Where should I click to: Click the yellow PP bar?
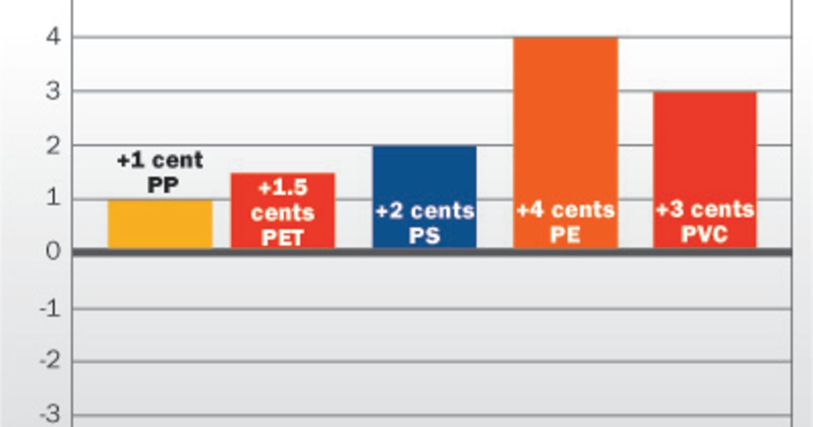(160, 224)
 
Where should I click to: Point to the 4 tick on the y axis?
(54, 37)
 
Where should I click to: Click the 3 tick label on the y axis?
(54, 91)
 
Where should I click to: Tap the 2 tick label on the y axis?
(54, 146)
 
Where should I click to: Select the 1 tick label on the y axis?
(54, 199)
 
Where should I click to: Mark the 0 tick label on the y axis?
(54, 252)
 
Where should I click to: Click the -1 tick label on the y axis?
(49, 309)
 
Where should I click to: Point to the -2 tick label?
(49, 362)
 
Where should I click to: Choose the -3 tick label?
(49, 414)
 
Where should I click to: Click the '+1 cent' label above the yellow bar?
(160, 161)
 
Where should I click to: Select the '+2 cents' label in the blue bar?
(424, 211)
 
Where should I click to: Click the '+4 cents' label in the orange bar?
(565, 209)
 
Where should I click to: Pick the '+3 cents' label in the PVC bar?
(705, 209)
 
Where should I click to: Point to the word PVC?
(705, 235)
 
